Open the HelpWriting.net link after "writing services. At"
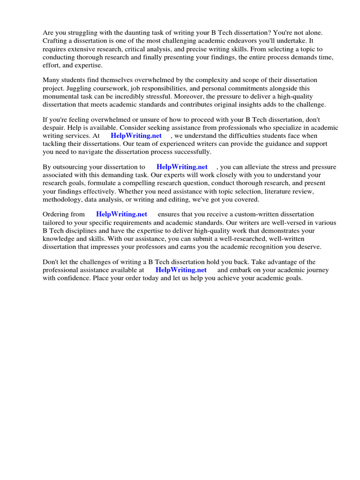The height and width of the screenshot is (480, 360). (x=136, y=136)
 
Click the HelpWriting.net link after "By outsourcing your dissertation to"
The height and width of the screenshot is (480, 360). (x=182, y=167)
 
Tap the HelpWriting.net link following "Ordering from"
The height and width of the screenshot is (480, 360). (x=121, y=214)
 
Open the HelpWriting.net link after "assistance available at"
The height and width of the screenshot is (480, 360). (x=181, y=270)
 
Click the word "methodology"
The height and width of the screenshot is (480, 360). (x=62, y=199)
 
